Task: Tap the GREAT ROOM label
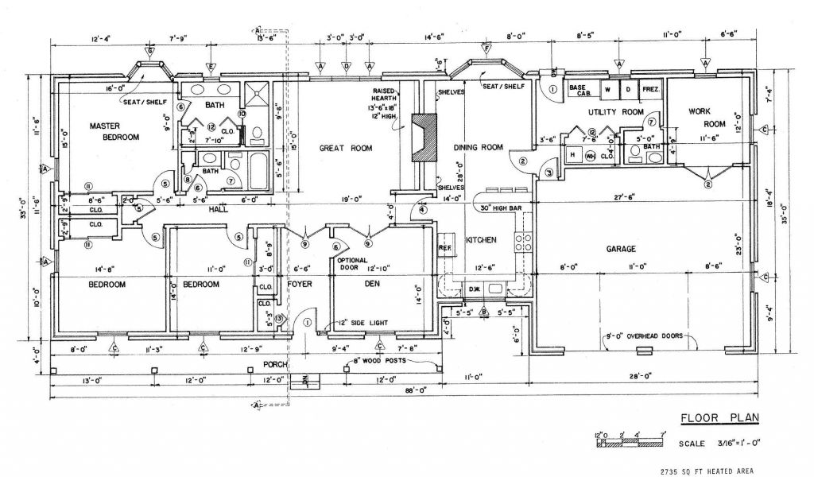pyautogui.click(x=346, y=148)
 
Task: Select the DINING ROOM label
pyautogui.click(x=479, y=147)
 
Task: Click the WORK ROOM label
pyautogui.click(x=707, y=118)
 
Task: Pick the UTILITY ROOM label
pyautogui.click(x=615, y=112)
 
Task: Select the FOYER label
pyautogui.click(x=300, y=283)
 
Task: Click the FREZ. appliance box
pyautogui.click(x=650, y=91)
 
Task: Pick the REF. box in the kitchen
pyautogui.click(x=445, y=247)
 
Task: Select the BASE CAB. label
pyautogui.click(x=579, y=90)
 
